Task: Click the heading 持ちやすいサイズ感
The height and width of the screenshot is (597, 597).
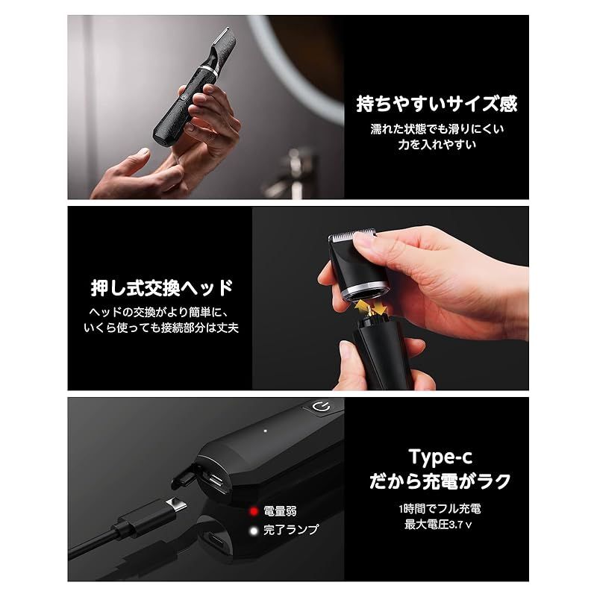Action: (436, 103)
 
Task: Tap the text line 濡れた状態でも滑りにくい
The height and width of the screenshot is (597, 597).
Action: (437, 129)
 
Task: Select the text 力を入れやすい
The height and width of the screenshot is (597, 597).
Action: (437, 145)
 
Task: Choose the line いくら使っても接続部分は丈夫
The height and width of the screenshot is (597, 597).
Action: (162, 328)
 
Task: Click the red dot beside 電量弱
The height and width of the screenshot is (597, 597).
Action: (254, 510)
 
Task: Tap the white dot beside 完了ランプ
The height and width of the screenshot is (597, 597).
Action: (254, 529)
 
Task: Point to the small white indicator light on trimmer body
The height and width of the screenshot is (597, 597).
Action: (264, 431)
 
